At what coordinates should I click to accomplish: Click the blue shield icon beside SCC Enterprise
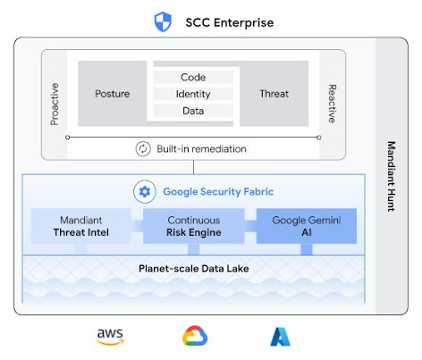pos(163,21)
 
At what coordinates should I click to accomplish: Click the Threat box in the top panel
pos(274,93)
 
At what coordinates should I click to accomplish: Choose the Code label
pos(193,77)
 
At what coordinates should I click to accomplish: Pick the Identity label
pos(193,94)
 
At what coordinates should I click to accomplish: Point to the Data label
pos(193,111)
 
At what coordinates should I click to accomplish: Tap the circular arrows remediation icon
pos(142,149)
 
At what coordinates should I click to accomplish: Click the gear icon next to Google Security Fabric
pos(143,191)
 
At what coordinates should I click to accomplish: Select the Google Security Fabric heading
pos(217,191)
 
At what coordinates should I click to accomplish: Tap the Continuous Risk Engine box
pos(193,226)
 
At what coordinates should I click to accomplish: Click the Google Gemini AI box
pos(306,226)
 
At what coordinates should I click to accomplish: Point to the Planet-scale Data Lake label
pos(193,267)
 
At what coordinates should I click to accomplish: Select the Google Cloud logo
pos(195,337)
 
